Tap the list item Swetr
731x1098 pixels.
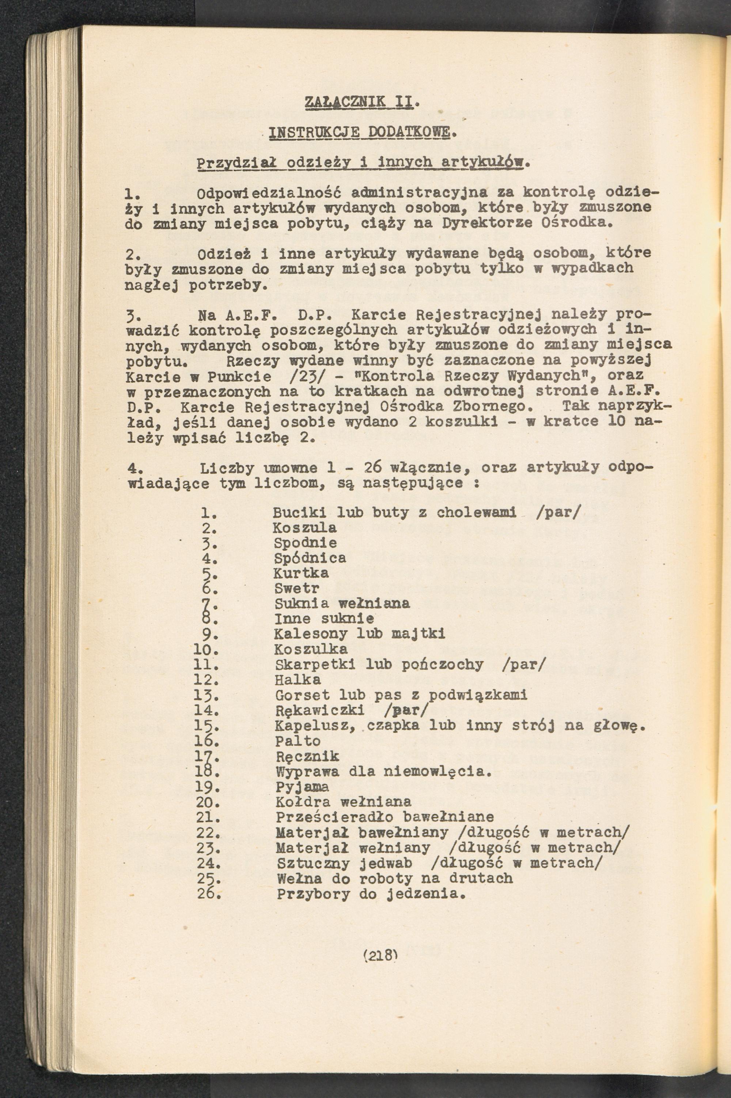pos(296,588)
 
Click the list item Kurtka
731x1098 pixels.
pos(301,573)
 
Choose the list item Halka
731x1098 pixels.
pos(298,680)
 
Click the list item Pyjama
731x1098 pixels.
pos(302,786)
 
